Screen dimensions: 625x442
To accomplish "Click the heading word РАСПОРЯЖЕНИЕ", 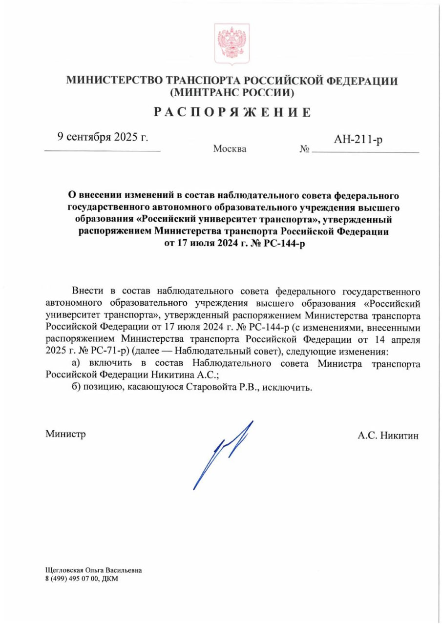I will coord(232,112).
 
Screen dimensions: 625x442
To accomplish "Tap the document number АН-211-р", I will coord(358,140).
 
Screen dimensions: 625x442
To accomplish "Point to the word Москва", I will coord(230,149).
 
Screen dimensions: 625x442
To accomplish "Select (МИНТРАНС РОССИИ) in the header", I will coord(232,92).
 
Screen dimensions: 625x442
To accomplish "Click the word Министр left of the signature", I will coord(66,434).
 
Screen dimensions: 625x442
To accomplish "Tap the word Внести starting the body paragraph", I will coord(87,292).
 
